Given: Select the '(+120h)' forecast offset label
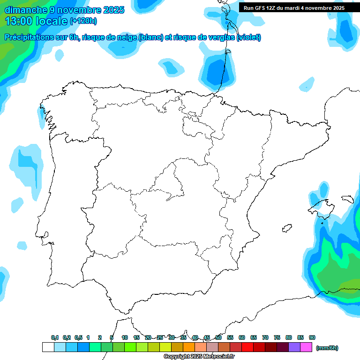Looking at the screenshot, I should [x=83, y=21].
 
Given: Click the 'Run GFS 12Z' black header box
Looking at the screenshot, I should [x=294, y=7].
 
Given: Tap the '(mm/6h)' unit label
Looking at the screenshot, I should [x=327, y=348].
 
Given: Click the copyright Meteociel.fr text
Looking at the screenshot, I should [x=199, y=357].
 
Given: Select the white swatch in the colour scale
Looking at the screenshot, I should [x=48, y=347].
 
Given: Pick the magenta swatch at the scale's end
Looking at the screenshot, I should [x=306, y=347].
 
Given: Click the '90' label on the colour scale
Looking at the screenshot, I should [x=312, y=337].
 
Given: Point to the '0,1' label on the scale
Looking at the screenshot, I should [x=55, y=337].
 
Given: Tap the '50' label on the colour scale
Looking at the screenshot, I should [x=218, y=337].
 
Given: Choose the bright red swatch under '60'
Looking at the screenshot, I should [x=247, y=347].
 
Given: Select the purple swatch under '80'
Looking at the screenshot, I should [x=294, y=347].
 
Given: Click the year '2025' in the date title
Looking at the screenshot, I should [x=111, y=9].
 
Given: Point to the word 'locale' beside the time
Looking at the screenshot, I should [x=50, y=21].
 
